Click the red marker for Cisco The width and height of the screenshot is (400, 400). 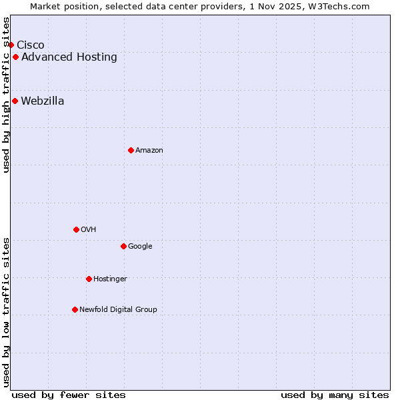click(11, 45)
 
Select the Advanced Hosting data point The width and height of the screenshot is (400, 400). click(15, 57)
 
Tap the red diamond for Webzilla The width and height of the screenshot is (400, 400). click(15, 101)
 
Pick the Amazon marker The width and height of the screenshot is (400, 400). click(131, 150)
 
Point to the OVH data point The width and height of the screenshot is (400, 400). click(76, 229)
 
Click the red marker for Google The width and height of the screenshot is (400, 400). click(123, 246)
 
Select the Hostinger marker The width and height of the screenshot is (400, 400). click(89, 279)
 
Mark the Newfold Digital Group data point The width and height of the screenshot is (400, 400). click(75, 309)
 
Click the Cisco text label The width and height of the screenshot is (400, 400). click(31, 45)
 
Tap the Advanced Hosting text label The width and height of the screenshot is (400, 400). click(69, 57)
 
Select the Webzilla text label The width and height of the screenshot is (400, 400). click(43, 101)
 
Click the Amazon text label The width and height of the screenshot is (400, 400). click(149, 151)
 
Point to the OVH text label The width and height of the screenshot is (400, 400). click(89, 230)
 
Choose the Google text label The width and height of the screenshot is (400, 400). click(140, 247)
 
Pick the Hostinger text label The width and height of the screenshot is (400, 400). click(110, 279)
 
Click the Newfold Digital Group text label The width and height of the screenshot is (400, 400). click(118, 310)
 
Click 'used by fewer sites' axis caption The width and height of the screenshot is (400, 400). click(69, 395)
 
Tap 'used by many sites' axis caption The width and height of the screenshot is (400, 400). click(335, 395)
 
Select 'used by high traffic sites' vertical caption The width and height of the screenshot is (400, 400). click(7, 95)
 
